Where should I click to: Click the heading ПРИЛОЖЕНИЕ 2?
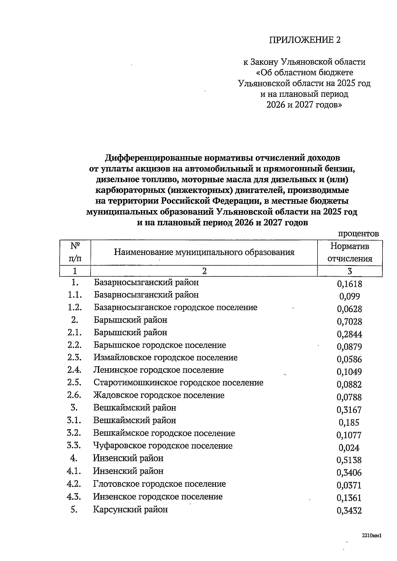pyautogui.click(x=305, y=40)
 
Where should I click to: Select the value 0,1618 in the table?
pyautogui.click(x=349, y=284)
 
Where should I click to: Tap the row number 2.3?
pyautogui.click(x=74, y=358)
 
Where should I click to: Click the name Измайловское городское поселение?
pyautogui.click(x=165, y=358)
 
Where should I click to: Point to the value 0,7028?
pyautogui.click(x=349, y=322)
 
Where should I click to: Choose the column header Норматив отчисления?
pyautogui.click(x=350, y=252)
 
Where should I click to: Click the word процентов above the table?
pyautogui.click(x=358, y=234)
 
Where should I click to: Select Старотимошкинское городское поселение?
pyautogui.click(x=178, y=383)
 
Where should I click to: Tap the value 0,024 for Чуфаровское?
pyautogui.click(x=349, y=448)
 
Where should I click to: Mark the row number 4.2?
pyautogui.click(x=74, y=484)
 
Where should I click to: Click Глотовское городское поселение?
pyautogui.click(x=159, y=484)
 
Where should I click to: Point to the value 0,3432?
pyautogui.click(x=349, y=511)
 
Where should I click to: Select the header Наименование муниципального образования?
pyautogui.click(x=204, y=253)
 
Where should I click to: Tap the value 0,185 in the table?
pyautogui.click(x=349, y=422)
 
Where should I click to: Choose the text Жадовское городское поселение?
pyautogui.click(x=159, y=395)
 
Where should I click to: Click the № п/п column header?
pyautogui.click(x=75, y=252)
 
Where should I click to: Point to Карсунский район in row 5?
pyautogui.click(x=130, y=509)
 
